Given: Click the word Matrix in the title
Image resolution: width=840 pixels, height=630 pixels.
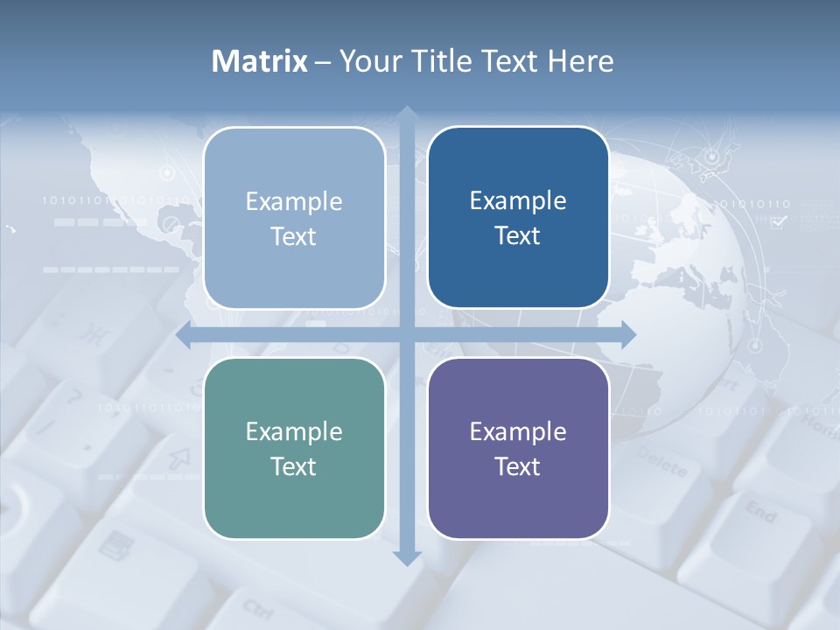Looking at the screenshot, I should click(260, 61).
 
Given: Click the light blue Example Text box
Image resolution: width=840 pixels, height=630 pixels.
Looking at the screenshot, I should click(294, 218).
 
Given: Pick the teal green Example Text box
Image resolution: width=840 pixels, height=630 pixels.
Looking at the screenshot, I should click(294, 448).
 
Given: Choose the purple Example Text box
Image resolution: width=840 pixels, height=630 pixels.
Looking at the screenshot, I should click(518, 448).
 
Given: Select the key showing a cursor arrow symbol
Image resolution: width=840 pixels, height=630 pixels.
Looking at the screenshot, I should click(179, 457).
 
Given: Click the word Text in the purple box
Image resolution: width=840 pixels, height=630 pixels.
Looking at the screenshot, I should click(518, 466).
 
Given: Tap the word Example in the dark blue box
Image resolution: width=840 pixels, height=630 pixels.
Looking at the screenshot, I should click(518, 200).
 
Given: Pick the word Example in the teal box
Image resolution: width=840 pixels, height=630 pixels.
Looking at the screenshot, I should click(294, 431).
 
